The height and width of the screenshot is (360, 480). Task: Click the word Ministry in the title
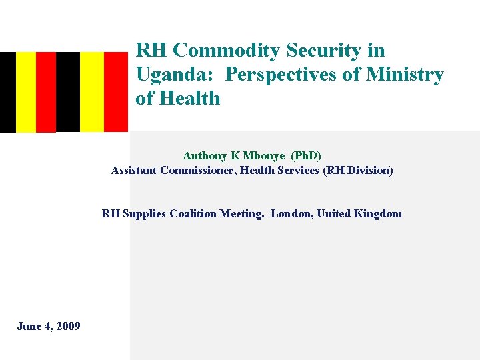tap(404, 75)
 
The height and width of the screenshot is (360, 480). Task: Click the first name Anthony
tap(204, 156)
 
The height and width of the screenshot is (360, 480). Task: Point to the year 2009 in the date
tap(68, 327)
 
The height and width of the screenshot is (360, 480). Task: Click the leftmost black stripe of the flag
tap(7, 92)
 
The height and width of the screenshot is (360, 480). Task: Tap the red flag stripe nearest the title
tap(115, 92)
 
